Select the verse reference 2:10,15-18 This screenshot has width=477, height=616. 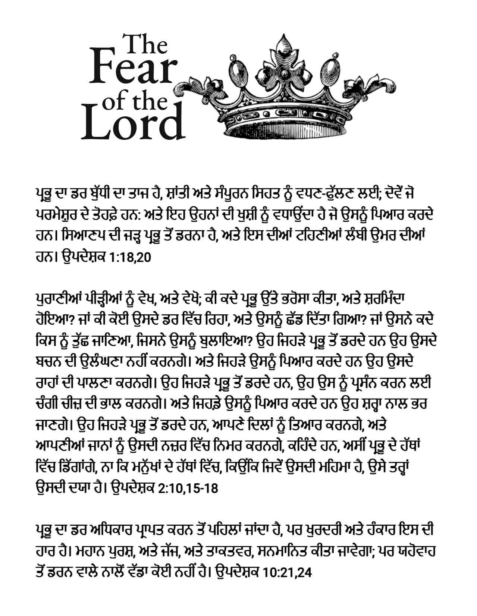(188, 488)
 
